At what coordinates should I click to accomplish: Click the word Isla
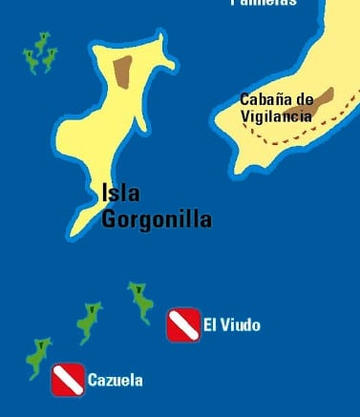(x=120, y=194)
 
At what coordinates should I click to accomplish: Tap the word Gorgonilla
(x=157, y=219)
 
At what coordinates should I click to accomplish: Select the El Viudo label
(x=231, y=326)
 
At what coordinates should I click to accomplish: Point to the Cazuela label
(x=115, y=381)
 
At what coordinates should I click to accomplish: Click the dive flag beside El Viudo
(x=182, y=325)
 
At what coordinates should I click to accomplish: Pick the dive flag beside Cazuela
(x=67, y=379)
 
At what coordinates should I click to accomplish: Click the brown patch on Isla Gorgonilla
(x=121, y=72)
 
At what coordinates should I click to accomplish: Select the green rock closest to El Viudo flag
(x=141, y=301)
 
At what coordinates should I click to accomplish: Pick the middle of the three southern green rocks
(x=89, y=322)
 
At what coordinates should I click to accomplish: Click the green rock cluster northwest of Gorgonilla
(x=39, y=54)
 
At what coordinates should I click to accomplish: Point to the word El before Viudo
(x=209, y=326)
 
